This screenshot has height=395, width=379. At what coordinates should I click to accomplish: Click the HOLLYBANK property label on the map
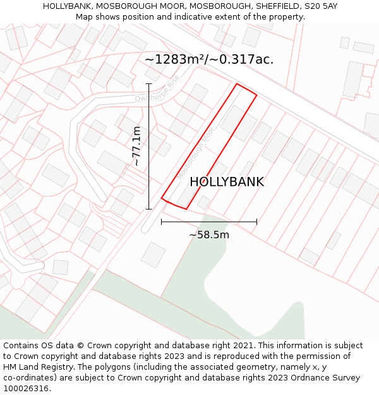point(227,182)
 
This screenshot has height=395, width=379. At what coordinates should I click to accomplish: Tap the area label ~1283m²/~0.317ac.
point(209,59)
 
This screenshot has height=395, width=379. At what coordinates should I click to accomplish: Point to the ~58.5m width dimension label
point(209,235)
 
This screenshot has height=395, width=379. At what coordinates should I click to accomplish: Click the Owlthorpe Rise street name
point(157,90)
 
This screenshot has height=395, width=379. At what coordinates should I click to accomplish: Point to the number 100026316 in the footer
point(25,389)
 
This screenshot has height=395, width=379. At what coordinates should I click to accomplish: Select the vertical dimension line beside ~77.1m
point(149,146)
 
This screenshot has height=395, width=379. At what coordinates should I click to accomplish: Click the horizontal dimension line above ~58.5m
point(209,222)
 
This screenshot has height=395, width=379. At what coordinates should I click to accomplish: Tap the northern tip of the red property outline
point(237,84)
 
